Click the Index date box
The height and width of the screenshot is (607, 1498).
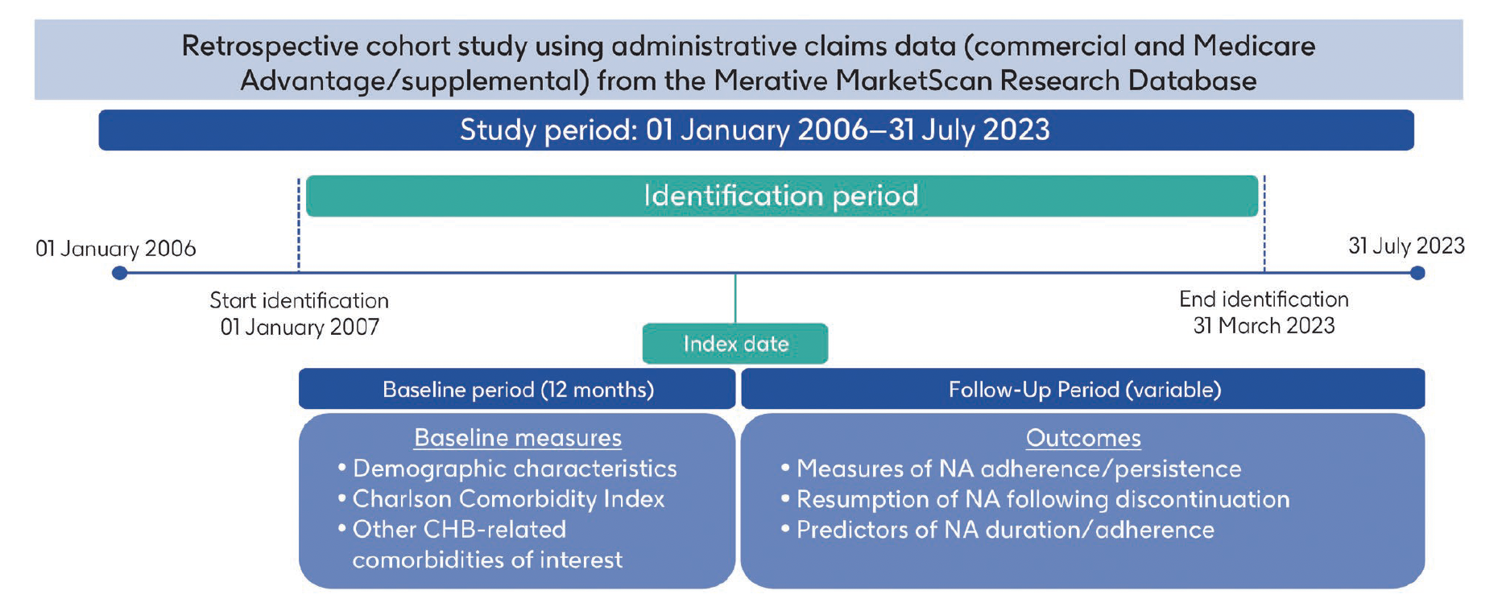[735, 344]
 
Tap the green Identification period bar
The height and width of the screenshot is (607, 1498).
[781, 196]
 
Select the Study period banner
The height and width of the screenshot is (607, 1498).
[755, 130]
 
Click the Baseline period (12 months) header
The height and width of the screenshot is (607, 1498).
[517, 390]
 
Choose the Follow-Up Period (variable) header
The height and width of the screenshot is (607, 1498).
[1083, 390]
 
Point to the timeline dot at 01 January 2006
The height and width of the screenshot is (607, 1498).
[119, 273]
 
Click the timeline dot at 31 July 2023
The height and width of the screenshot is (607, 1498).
[1417, 273]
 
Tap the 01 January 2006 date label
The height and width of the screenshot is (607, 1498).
[115, 249]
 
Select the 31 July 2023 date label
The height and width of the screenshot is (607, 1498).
[1406, 246]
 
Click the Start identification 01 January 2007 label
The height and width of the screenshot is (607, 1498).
[299, 314]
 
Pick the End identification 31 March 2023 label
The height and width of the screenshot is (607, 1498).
[1264, 312]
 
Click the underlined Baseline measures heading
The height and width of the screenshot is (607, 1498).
[517, 438]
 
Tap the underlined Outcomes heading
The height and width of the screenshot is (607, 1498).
[1083, 438]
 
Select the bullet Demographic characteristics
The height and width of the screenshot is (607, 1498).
[514, 469]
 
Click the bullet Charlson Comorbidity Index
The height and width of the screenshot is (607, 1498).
[507, 499]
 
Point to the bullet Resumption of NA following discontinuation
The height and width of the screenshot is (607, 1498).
[1042, 499]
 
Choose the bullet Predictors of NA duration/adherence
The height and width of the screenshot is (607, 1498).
[1004, 530]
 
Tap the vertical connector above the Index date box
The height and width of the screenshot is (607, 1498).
[735, 298]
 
